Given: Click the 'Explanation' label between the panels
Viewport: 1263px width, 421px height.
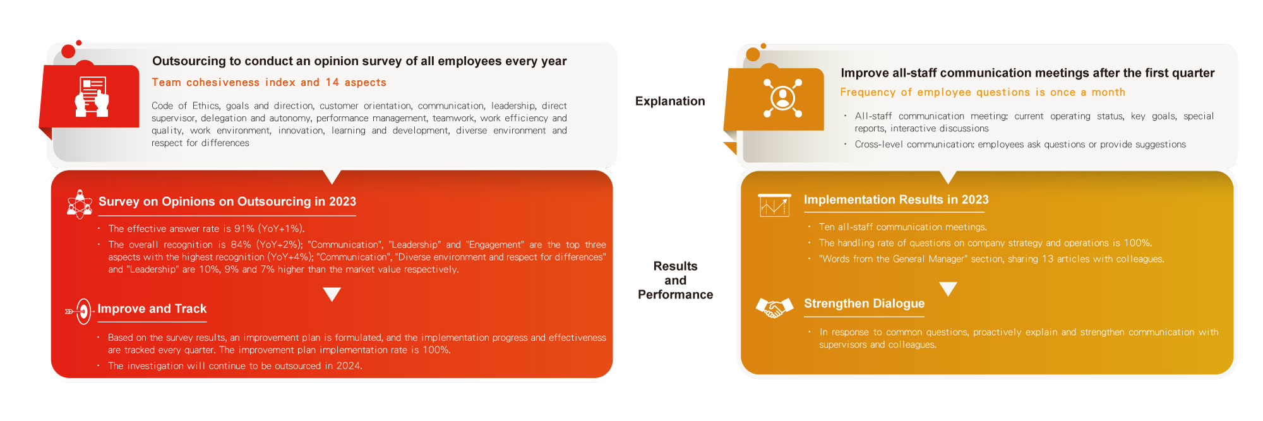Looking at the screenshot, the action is coord(670,101).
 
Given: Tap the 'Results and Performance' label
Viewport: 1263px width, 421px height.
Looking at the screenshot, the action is coord(675,280).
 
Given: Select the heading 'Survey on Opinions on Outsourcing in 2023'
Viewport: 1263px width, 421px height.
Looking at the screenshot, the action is coord(227,201).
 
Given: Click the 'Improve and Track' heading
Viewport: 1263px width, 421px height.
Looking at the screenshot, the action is coord(152,309).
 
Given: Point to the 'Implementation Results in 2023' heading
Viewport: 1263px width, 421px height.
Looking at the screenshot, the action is coord(896,199).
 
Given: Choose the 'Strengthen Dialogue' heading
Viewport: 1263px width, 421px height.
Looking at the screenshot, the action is coord(864,304).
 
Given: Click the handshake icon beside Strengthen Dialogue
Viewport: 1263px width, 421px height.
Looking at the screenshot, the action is coord(774,307).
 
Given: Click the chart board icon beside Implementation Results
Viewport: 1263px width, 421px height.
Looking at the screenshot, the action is coord(774,205).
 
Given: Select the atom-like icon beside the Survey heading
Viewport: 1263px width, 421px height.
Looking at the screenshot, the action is coord(80,204).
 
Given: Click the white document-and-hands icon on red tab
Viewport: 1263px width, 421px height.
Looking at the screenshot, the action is coord(92,97).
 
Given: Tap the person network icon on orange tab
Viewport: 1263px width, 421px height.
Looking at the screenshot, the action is coord(782,98).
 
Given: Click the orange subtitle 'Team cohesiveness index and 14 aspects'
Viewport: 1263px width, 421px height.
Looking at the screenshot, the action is coord(269,83).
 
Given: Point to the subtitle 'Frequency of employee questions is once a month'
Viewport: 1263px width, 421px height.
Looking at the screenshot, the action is coord(983,92).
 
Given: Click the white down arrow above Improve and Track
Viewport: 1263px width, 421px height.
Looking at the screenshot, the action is coord(332,294).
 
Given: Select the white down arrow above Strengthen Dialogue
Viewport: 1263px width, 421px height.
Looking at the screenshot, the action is coord(948,289).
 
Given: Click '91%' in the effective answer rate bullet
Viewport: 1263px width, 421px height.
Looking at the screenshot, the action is coord(244,228).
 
